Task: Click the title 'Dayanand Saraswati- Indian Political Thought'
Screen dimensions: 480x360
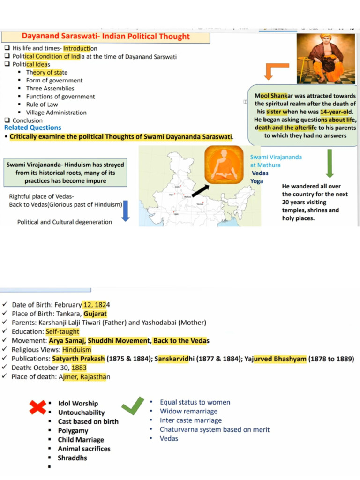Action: pos(105,37)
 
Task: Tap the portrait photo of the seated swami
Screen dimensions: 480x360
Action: pos(326,58)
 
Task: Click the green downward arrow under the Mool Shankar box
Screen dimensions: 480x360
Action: pos(330,163)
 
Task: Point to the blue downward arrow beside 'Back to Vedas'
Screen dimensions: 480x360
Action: pos(125,210)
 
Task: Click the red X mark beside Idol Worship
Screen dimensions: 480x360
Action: pos(37,407)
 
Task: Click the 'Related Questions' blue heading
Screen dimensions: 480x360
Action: pos(33,127)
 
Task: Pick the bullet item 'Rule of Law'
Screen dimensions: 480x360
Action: pos(42,105)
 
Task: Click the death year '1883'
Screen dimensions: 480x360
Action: pos(79,368)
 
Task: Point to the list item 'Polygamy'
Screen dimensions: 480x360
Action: pos(73,430)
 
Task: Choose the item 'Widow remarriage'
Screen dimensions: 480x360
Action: pos(188,411)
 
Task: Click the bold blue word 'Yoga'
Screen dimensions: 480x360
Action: pos(256,181)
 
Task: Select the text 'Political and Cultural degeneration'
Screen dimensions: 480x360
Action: pos(65,222)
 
